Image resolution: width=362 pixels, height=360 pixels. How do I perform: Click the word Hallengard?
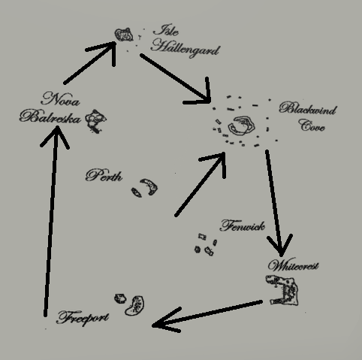click(186, 50)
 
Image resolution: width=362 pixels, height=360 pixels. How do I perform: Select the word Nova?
click(61, 99)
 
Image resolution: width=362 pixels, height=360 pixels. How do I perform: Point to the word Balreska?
click(50, 117)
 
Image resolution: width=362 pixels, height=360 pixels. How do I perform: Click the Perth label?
click(104, 176)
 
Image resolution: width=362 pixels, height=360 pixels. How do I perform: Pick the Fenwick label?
click(243, 225)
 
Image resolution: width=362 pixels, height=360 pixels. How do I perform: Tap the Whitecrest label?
click(293, 265)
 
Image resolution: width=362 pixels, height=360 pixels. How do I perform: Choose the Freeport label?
click(83, 318)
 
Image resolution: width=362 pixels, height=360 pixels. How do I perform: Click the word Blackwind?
click(308, 109)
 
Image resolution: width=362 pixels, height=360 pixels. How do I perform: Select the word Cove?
click(312, 126)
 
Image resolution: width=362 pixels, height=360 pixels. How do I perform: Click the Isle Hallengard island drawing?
click(124, 35)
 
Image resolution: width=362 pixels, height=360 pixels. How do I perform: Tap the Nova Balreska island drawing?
click(95, 121)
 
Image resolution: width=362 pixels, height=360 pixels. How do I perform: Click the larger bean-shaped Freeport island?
click(135, 306)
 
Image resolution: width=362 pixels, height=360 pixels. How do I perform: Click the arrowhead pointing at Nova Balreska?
click(56, 135)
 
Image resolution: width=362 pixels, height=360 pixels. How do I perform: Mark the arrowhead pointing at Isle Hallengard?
click(105, 52)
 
